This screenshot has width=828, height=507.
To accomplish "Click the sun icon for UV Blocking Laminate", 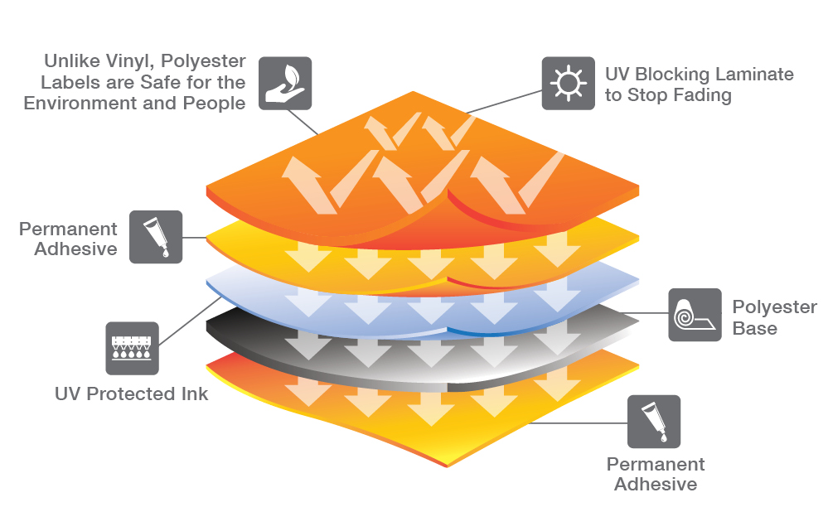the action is (x=569, y=83).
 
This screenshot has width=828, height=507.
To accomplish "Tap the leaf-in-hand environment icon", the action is (x=285, y=83).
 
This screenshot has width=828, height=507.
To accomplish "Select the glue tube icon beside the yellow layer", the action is (x=156, y=237).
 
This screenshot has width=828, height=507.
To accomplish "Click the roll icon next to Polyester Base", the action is (x=695, y=315).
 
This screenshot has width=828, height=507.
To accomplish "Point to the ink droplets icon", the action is (x=132, y=348).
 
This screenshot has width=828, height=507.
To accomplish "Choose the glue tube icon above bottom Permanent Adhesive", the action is (x=654, y=422).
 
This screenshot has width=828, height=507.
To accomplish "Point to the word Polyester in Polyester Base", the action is (x=774, y=307).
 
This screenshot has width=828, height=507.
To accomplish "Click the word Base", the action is (x=754, y=329).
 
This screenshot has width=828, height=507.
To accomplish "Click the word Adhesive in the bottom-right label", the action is (x=656, y=485).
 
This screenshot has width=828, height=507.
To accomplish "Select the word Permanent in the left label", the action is (x=68, y=229).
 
